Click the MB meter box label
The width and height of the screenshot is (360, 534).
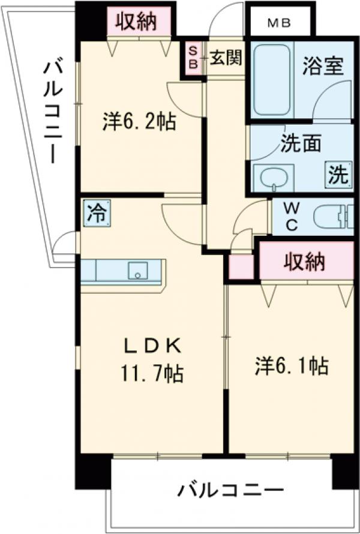(279, 24)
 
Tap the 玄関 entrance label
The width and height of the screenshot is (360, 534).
(226, 58)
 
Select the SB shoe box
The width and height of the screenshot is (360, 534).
(194, 58)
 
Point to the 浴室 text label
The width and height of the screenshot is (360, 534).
(323, 65)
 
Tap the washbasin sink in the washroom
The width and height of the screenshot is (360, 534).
(273, 177)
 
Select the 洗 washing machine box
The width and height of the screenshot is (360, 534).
(337, 175)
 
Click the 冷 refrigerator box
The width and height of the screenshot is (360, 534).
(95, 212)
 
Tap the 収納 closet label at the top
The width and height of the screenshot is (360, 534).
(136, 22)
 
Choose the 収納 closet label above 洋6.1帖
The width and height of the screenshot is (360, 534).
(304, 262)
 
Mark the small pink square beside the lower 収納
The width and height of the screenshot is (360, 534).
(242, 266)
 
